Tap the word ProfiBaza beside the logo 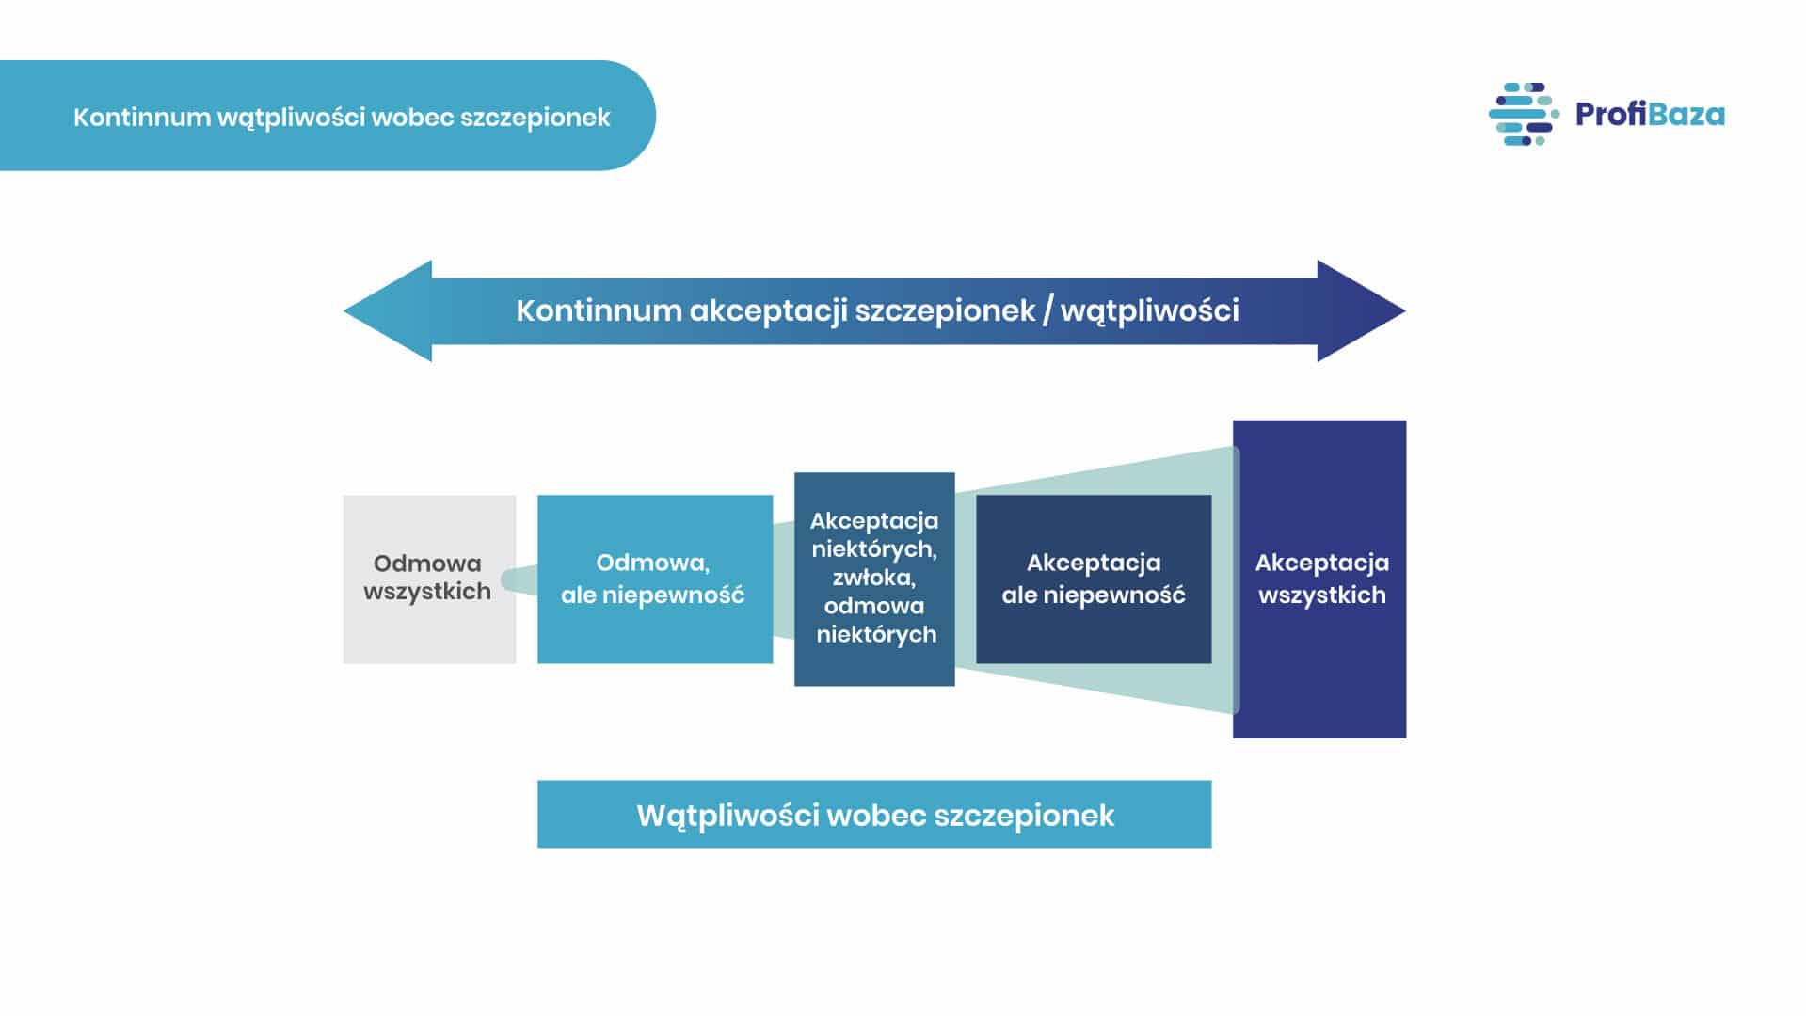tap(1649, 115)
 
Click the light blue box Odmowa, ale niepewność tap(655, 630)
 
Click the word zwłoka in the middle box tap(874, 578)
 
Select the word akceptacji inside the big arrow tap(768, 310)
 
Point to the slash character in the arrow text tap(1047, 310)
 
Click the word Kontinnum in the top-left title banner tap(142, 117)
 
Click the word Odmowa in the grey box tap(427, 564)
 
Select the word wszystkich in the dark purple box tap(1321, 595)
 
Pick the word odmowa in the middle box tap(874, 606)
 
